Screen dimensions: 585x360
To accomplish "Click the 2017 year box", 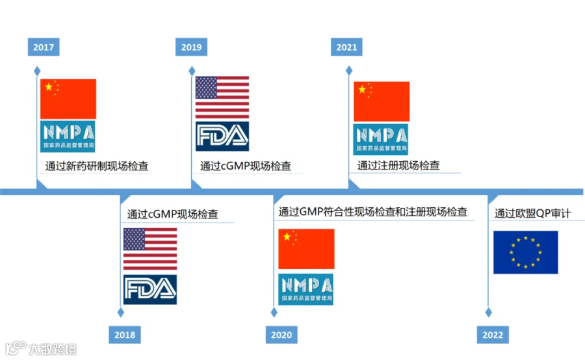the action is (44, 47).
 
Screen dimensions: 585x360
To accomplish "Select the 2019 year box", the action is (191, 47).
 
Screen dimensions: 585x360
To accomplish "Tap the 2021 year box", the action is (346, 47).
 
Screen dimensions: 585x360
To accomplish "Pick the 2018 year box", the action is (125, 335).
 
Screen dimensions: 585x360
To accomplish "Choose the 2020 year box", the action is (281, 335).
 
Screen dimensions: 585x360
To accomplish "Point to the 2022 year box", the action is (493, 335).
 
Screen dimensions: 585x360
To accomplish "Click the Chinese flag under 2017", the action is (68, 99).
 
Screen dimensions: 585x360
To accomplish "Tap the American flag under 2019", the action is (222, 97).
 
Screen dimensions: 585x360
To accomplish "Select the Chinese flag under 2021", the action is (382, 101).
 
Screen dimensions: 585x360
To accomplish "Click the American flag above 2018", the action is (150, 249).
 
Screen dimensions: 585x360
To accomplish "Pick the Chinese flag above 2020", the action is (306, 249).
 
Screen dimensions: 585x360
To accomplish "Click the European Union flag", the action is (525, 252).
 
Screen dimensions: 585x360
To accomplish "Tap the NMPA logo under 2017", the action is (68, 136).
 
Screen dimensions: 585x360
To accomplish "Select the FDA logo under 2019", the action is (222, 136).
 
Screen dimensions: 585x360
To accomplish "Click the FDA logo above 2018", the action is (150, 289).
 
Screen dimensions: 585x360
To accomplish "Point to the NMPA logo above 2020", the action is (306, 289).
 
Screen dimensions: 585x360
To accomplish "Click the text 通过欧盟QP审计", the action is (532, 213).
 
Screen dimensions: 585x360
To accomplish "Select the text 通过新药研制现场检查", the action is (97, 166).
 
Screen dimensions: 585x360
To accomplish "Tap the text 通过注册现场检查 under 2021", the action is (398, 166).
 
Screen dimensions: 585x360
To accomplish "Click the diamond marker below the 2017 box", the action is (37, 70).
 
